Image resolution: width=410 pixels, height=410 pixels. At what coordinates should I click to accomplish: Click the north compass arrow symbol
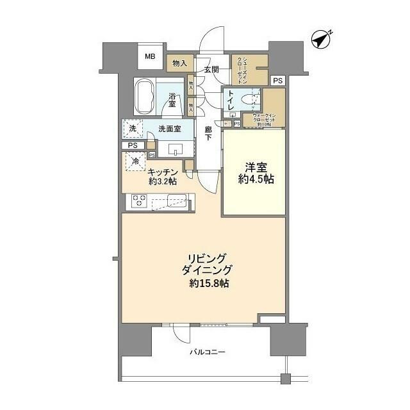321,39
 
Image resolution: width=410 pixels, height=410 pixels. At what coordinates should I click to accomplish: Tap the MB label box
150,57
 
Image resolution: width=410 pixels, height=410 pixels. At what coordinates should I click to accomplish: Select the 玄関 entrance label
212,69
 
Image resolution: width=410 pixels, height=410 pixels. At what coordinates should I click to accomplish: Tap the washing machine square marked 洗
133,129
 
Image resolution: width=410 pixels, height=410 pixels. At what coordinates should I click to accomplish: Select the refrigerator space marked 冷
135,161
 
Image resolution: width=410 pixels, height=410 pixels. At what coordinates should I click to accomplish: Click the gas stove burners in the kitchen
140,201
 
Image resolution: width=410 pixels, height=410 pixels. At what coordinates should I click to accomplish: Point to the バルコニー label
207,352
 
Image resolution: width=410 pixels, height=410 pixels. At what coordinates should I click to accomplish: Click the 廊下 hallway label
208,133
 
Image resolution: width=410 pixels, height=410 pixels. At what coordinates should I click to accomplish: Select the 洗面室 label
169,129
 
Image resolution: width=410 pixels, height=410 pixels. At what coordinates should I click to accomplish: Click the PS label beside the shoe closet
277,81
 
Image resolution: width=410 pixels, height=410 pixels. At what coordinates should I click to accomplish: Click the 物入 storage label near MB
179,63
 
